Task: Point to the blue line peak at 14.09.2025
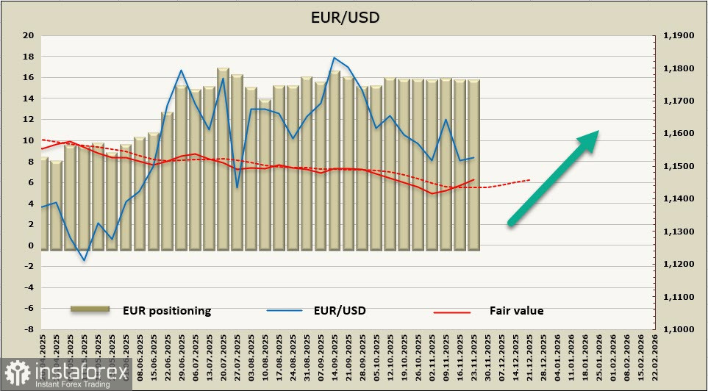pyautogui.click(x=335, y=58)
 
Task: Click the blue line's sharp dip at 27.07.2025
pyautogui.click(x=237, y=187)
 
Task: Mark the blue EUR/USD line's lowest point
pyautogui.click(x=84, y=260)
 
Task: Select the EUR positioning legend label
pyautogui.click(x=167, y=310)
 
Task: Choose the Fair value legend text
pyautogui.click(x=516, y=310)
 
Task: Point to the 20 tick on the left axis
pyautogui.click(x=29, y=35)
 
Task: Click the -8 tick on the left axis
pyautogui.click(x=29, y=329)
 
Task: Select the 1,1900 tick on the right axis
pyautogui.click(x=679, y=35)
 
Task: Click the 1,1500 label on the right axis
pyautogui.click(x=679, y=166)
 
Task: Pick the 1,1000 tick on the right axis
pyautogui.click(x=679, y=329)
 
